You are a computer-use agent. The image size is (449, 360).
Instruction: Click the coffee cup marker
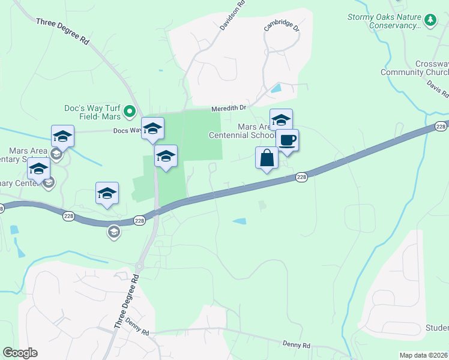(x=287, y=140)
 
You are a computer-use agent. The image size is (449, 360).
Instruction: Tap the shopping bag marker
(x=267, y=158)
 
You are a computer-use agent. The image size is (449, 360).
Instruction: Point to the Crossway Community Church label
(x=415, y=68)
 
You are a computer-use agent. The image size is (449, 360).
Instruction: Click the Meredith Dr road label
(x=229, y=109)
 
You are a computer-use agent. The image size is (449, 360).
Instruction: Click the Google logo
(x=20, y=353)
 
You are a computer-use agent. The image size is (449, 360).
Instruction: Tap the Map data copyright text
(x=423, y=355)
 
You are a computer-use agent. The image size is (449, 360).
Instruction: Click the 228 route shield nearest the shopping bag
(x=301, y=177)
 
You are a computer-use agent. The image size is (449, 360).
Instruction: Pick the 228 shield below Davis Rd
(x=441, y=126)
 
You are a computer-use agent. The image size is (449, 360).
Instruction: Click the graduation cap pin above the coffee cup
(x=281, y=119)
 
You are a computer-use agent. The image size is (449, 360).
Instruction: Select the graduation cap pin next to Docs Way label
(x=152, y=128)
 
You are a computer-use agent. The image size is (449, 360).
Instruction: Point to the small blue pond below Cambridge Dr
(x=276, y=88)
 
